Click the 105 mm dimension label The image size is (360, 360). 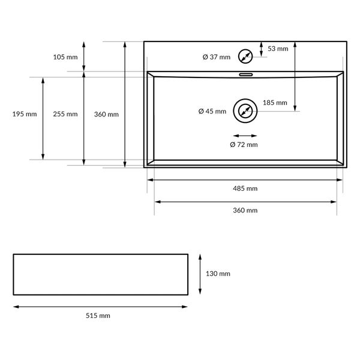pos(65,57)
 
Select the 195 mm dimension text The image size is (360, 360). pos(25,114)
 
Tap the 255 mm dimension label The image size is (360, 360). pos(65,114)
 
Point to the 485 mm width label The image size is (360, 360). pos(245,188)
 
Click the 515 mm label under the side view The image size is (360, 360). pos(98,316)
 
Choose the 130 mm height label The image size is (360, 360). pos(218,274)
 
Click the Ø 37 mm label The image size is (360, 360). pos(217,57)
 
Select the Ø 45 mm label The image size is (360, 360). pos(212,112)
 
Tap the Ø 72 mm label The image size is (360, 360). pos(244,145)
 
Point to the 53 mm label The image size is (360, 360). pos(278,49)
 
